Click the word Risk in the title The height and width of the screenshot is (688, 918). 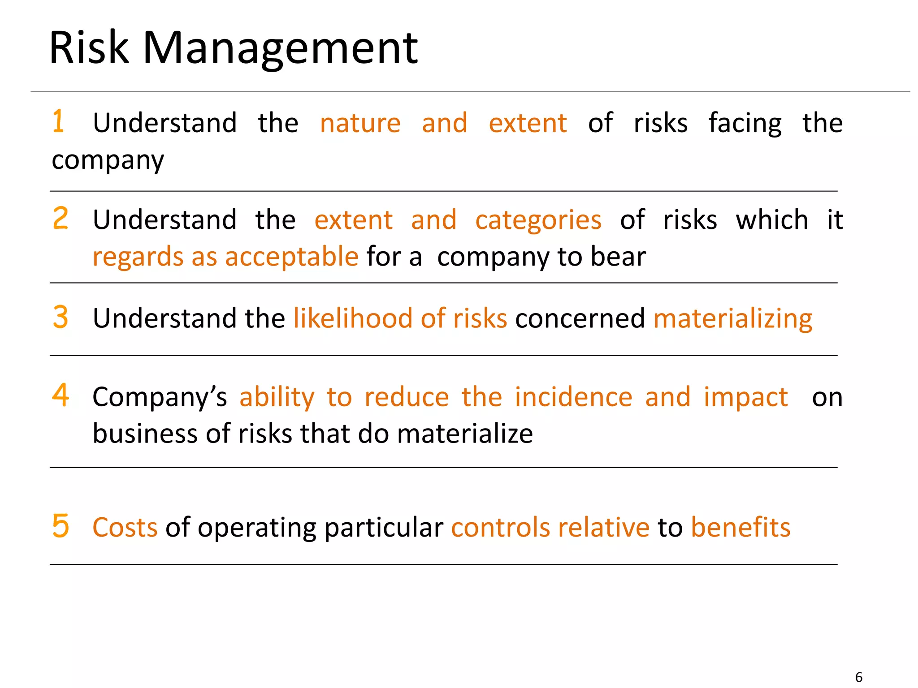click(x=89, y=48)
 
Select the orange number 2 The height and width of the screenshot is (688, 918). click(x=61, y=218)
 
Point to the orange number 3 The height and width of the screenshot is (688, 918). click(x=61, y=317)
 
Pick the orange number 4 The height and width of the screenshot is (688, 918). click(x=61, y=395)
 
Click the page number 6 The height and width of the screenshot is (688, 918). click(x=858, y=677)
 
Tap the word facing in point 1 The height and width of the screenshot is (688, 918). click(x=745, y=124)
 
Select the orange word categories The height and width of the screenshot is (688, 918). click(x=538, y=220)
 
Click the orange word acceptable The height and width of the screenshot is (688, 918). click(x=291, y=257)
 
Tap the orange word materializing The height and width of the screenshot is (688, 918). click(x=732, y=319)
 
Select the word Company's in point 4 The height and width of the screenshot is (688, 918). click(x=160, y=397)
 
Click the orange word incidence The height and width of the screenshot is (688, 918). click(x=573, y=397)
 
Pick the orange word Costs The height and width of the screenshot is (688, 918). click(x=125, y=527)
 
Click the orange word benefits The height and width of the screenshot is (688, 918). click(x=740, y=527)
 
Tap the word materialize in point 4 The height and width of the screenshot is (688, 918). click(x=465, y=434)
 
